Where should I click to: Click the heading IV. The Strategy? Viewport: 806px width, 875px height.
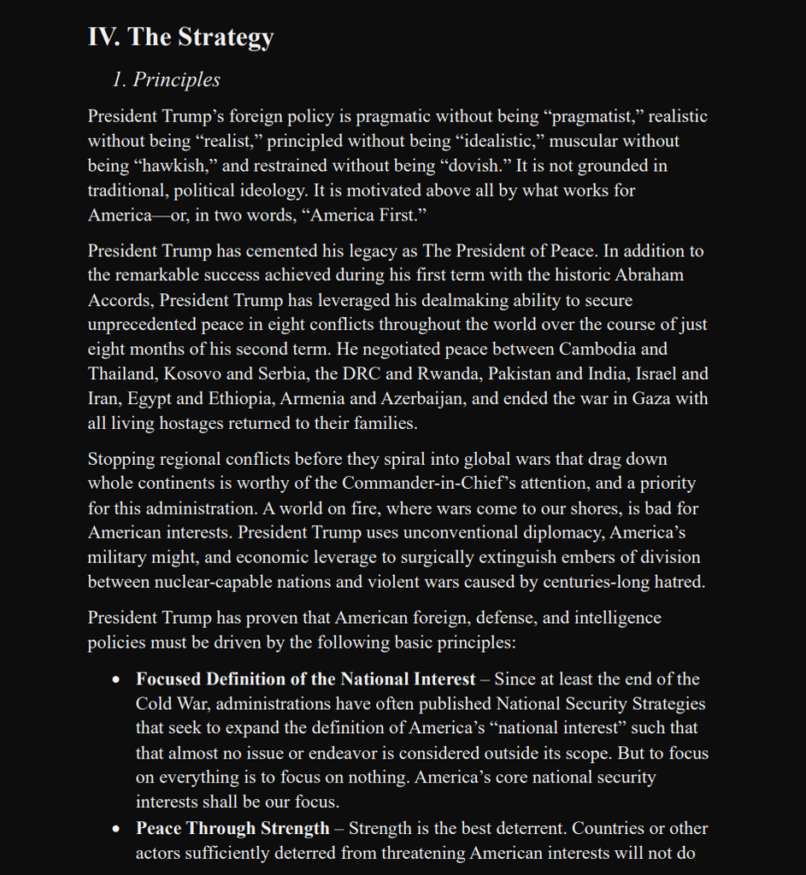pyautogui.click(x=180, y=37)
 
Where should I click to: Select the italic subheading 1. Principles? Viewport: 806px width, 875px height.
pyautogui.click(x=166, y=79)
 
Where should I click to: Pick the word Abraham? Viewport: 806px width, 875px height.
pyautogui.click(x=648, y=276)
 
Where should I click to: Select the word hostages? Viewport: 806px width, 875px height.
pyautogui.click(x=197, y=424)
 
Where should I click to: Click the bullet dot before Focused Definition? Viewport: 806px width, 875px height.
pyautogui.click(x=117, y=680)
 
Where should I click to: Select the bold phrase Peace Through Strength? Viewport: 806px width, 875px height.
pyautogui.click(x=232, y=829)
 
